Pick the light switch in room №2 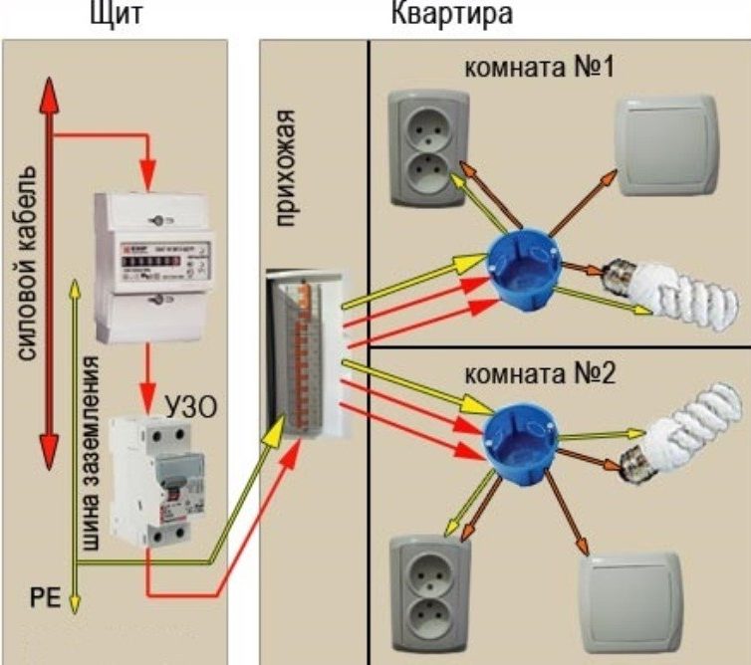pos(631,598)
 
